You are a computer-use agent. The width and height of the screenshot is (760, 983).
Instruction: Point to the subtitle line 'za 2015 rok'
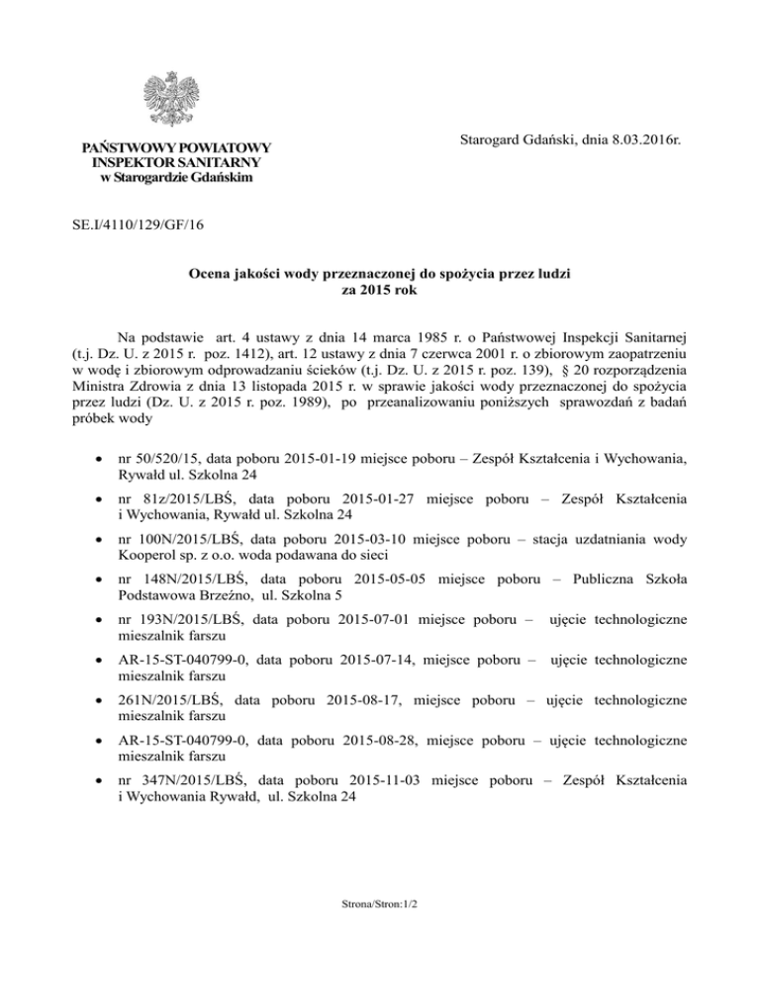click(380, 290)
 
